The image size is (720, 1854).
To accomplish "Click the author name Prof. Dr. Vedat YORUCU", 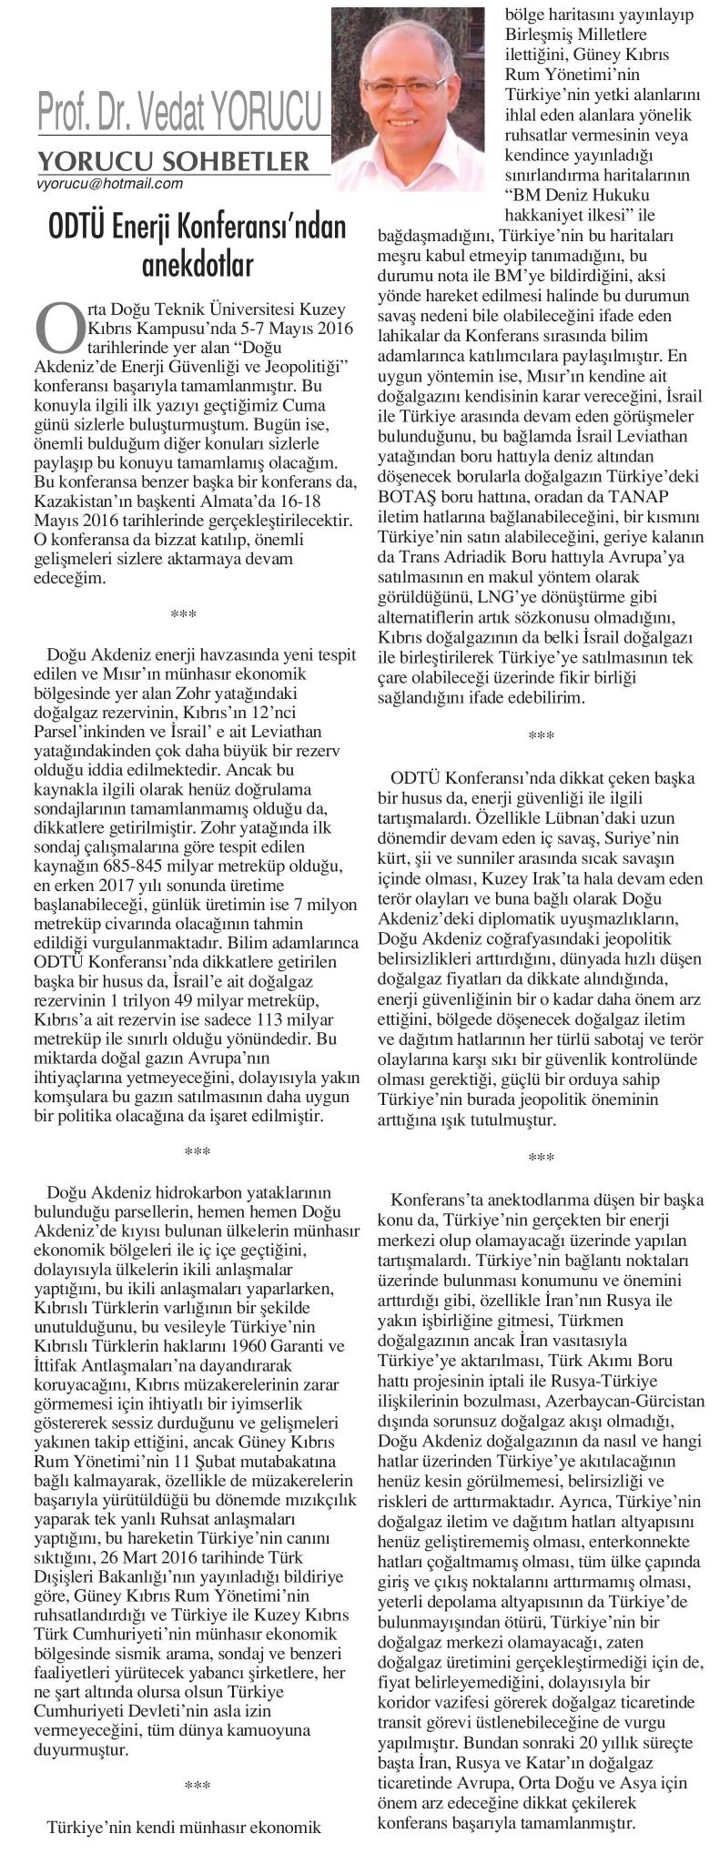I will click(x=179, y=114).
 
